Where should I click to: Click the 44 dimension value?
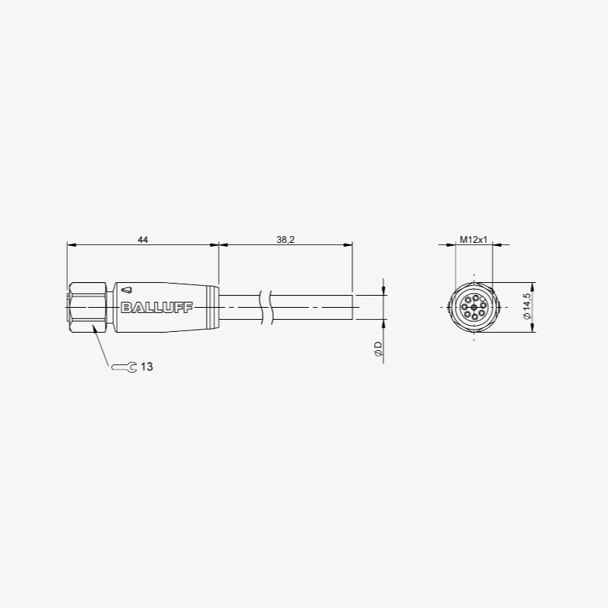143,240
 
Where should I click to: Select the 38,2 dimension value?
285,240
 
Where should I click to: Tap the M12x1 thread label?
474,240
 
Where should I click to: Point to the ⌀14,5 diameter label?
527,308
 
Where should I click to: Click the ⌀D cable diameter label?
378,349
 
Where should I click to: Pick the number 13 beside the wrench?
147,367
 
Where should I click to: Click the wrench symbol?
124,367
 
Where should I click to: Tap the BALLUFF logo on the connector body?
157,308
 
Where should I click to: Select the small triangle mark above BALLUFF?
127,290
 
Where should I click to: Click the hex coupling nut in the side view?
87,308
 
